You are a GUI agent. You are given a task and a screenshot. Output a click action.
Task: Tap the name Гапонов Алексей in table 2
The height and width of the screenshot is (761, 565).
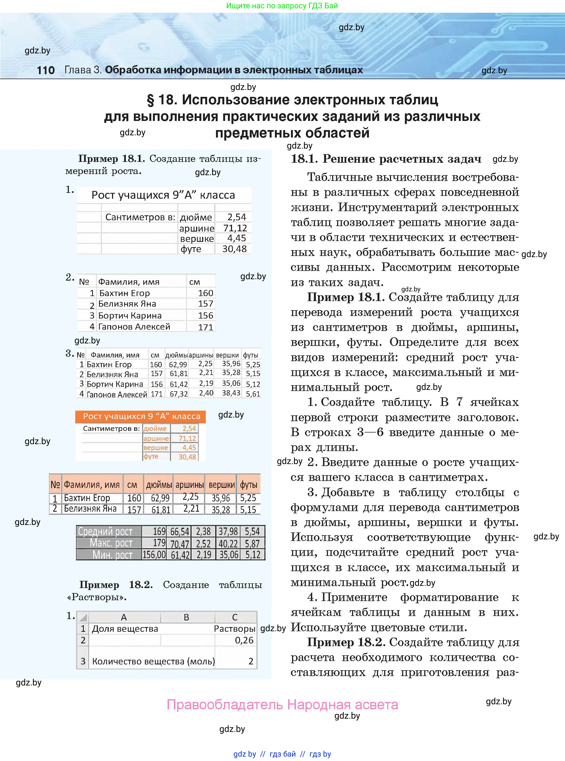pyautogui.click(x=134, y=327)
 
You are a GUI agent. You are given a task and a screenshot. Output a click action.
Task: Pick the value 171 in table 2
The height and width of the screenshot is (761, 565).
pyautogui.click(x=205, y=327)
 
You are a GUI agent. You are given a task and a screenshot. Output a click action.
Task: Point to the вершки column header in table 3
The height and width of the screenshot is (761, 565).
pyautogui.click(x=227, y=355)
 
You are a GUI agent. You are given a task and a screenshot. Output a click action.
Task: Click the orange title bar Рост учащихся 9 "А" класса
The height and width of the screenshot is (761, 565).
pyautogui.click(x=140, y=416)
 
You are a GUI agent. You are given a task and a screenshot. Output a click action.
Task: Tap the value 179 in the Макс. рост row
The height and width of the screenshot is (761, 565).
pyautogui.click(x=159, y=543)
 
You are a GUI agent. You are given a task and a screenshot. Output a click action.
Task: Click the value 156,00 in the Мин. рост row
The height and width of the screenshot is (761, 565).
pyautogui.click(x=154, y=555)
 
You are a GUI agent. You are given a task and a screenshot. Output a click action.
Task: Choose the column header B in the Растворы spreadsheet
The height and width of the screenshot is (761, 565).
pyautogui.click(x=186, y=617)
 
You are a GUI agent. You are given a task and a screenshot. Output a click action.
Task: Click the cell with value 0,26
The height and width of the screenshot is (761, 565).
pyautogui.click(x=244, y=640)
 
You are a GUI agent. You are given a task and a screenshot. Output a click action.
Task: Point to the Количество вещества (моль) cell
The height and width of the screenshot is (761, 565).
pyautogui.click(x=153, y=661)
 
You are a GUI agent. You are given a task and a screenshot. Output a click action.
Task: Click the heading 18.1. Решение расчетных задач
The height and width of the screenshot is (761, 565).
pyautogui.click(x=386, y=159)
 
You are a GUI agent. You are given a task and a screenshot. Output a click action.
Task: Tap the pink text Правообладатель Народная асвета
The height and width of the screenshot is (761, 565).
pyautogui.click(x=282, y=705)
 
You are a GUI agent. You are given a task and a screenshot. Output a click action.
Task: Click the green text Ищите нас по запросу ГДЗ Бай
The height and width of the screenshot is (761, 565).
pyautogui.click(x=282, y=6)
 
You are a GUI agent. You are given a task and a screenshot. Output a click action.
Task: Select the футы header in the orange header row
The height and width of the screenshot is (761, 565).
pyautogui.click(x=248, y=485)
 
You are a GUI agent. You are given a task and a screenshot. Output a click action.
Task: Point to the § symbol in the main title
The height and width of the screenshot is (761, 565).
pyautogui.click(x=150, y=100)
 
